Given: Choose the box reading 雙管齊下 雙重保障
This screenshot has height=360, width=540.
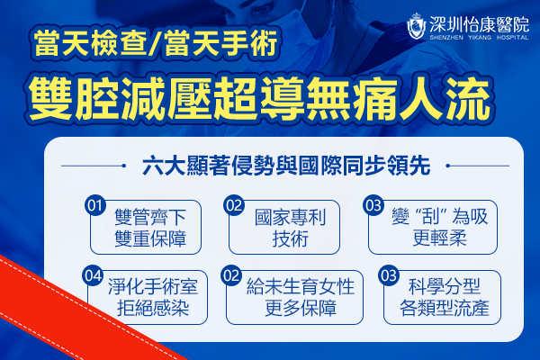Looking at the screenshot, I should pyautogui.click(x=146, y=227).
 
